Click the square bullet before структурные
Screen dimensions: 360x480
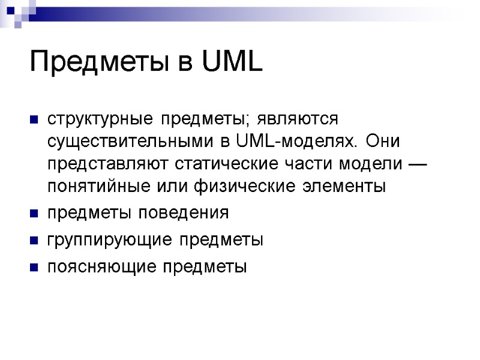34,118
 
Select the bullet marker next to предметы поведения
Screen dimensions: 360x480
34,214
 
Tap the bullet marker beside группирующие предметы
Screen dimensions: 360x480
34,240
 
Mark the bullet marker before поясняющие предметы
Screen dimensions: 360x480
34,266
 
